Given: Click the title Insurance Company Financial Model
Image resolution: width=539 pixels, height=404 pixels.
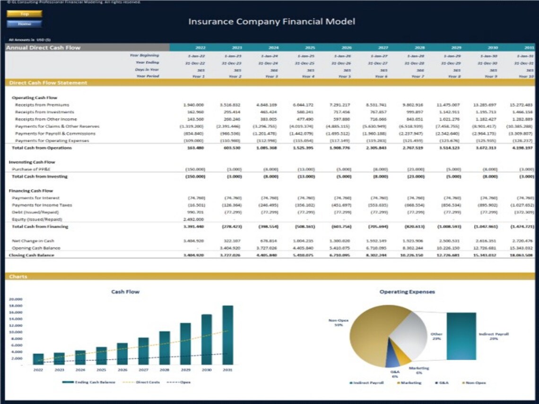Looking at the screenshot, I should [271, 22].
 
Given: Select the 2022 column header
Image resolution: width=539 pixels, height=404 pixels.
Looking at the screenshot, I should [200, 48].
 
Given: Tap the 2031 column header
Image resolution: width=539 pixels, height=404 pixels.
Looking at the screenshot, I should [528, 48].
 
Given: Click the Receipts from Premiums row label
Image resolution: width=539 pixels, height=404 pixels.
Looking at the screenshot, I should [42, 105].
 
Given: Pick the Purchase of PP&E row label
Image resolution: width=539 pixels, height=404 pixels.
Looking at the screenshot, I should [33, 169].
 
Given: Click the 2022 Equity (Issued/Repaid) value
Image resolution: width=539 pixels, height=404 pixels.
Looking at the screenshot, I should [193, 219].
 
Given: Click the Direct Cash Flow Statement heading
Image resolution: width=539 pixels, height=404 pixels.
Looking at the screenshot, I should [48, 83].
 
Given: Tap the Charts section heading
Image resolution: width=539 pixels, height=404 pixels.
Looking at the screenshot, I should [18, 276].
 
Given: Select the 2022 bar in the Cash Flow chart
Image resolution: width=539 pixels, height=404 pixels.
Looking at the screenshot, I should [38, 359].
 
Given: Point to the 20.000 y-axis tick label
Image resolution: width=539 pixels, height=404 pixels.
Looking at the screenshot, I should [16, 299].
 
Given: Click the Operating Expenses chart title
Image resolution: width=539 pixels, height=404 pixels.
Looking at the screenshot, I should [407, 292].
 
